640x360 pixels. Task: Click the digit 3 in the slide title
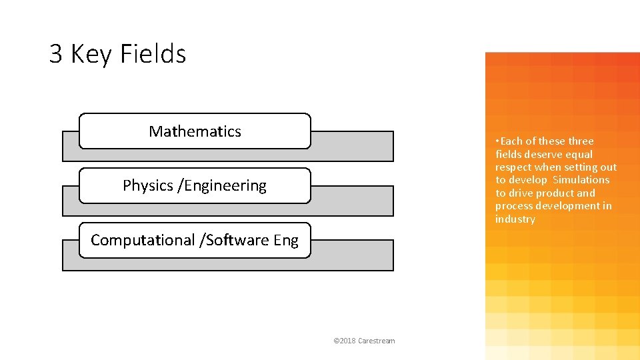56,54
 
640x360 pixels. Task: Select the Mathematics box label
195,131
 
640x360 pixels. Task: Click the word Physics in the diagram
148,185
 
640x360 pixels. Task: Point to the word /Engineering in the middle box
222,185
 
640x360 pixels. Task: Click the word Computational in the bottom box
143,240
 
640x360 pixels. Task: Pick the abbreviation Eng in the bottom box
286,240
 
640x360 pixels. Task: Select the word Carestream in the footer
377,341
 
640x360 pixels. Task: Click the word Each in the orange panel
511,141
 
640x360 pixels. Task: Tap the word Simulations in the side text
581,180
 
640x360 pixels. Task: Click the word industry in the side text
515,219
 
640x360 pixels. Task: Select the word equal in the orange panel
579,154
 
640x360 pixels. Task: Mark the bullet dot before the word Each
497,141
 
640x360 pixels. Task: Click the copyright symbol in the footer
335,341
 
